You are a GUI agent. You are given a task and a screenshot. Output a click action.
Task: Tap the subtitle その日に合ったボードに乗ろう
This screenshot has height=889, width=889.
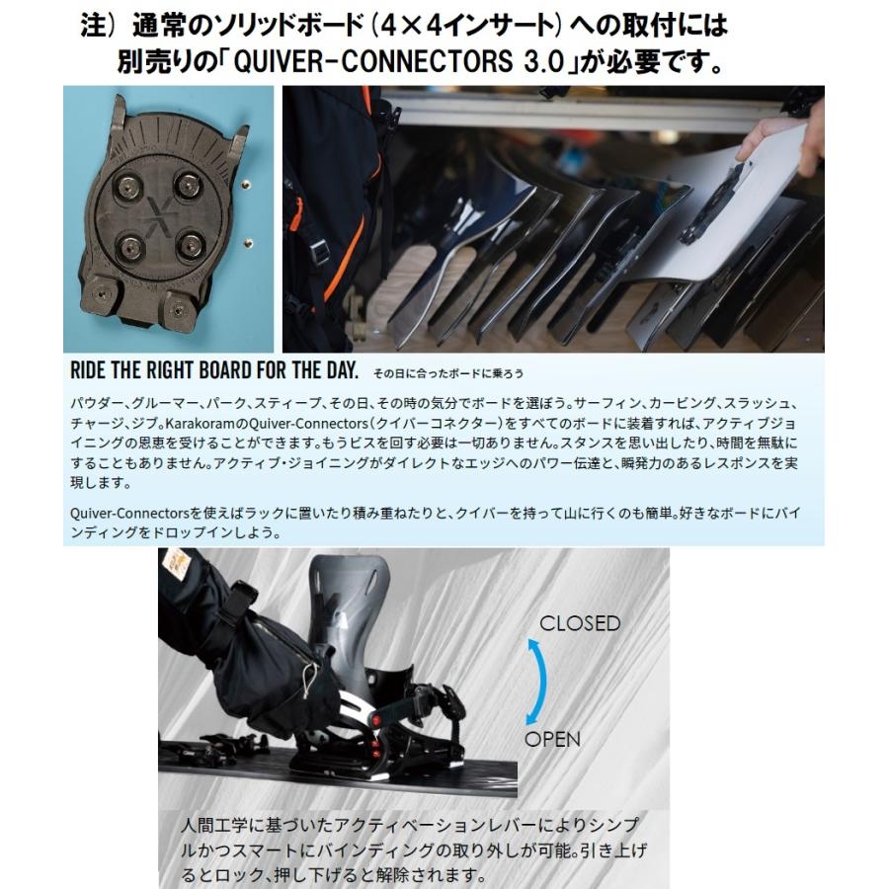(x=448, y=374)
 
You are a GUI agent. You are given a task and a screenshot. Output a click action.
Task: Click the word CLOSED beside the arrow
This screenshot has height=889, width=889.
(x=579, y=623)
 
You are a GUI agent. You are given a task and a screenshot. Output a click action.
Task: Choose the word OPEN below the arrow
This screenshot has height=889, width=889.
(x=552, y=739)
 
